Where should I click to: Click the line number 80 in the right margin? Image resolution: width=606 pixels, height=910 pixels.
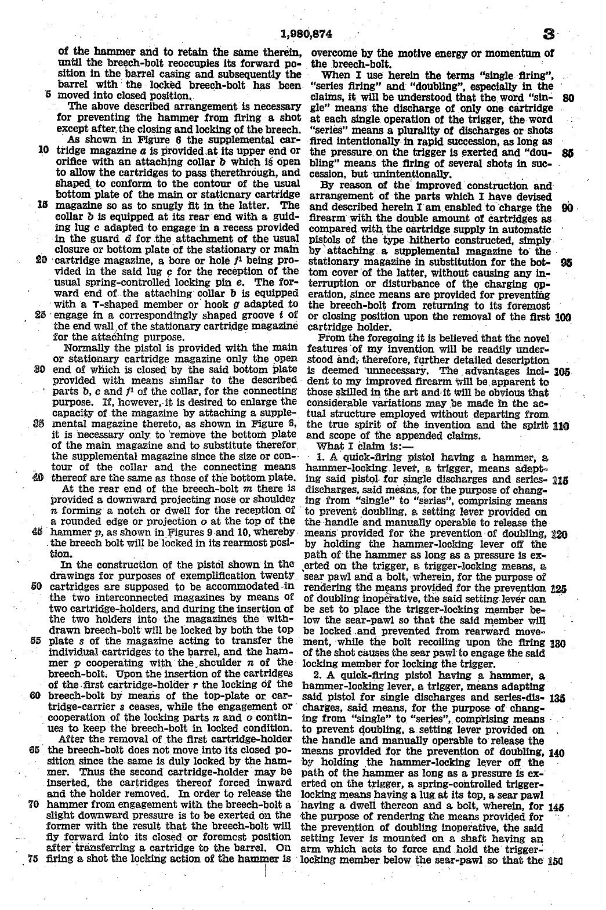coord(568,98)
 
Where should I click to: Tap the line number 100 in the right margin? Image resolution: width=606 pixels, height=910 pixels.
coord(563,317)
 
